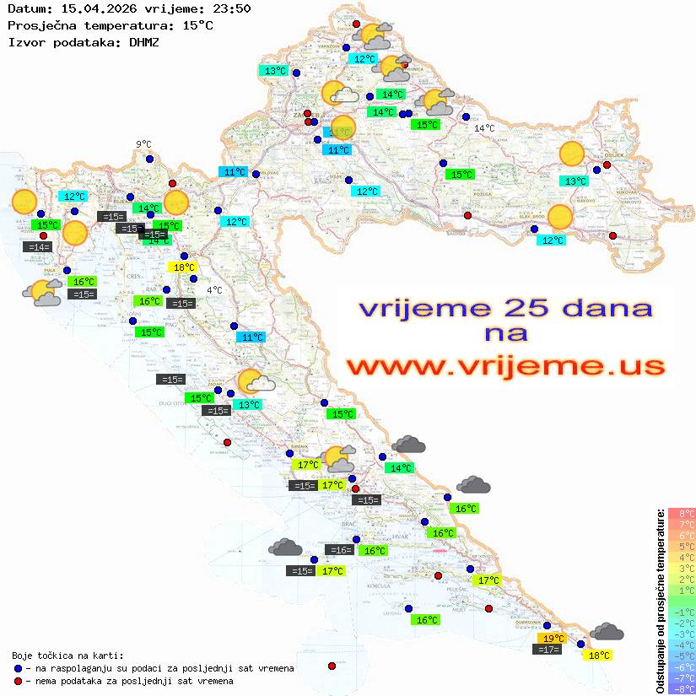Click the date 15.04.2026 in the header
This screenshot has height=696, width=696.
tap(93, 9)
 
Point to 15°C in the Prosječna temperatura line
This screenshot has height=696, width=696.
tap(197, 25)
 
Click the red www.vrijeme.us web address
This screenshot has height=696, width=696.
tap(505, 366)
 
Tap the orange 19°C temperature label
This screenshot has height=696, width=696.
tap(553, 639)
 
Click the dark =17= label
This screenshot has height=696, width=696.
tap(549, 650)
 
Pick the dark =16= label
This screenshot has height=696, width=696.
tap(341, 550)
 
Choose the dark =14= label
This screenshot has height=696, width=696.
tap(37, 247)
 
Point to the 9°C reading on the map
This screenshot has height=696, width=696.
tap(143, 144)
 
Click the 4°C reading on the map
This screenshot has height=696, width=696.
tap(214, 290)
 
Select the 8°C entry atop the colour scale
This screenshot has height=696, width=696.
tap(682, 514)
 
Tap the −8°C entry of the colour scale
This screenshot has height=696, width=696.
tap(682, 688)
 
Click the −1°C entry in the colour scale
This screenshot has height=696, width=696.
tap(682, 612)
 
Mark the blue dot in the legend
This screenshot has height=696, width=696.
tap(19, 668)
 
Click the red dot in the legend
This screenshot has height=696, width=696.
tap(19, 681)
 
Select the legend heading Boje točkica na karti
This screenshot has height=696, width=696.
tap(67, 656)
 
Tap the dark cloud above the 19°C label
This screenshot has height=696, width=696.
tap(607, 632)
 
